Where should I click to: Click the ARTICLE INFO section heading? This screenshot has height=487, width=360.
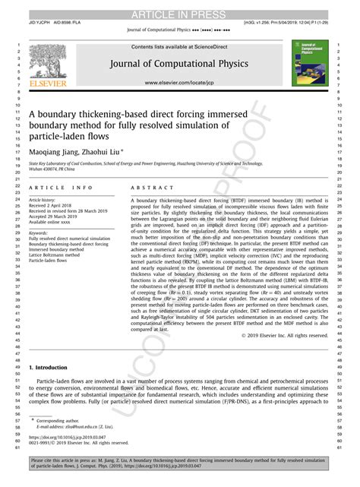61,188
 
